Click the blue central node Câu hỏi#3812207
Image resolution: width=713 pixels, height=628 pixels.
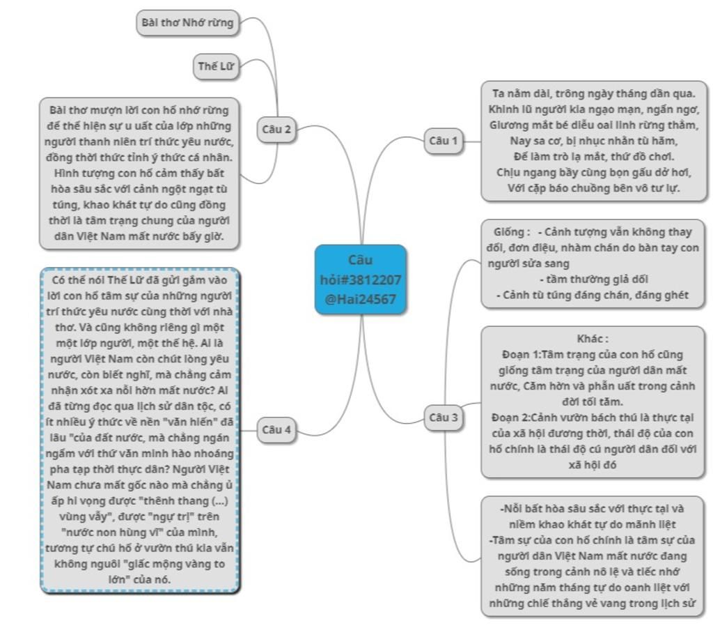[360, 279]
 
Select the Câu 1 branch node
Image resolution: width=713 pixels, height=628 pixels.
[444, 141]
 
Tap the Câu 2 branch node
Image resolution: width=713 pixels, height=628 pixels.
[276, 129]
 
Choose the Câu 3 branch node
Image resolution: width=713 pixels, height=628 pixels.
[444, 418]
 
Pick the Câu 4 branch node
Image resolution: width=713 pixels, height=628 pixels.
[276, 429]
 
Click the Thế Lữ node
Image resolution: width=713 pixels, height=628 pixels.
[214, 66]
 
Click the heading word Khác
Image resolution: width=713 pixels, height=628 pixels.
[593, 339]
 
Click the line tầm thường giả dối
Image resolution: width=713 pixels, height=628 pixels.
[593, 279]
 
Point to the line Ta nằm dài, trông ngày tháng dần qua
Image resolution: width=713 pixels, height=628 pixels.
[594, 93]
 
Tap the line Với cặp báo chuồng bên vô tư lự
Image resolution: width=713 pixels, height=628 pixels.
[594, 188]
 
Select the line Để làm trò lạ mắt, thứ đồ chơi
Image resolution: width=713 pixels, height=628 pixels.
[594, 156]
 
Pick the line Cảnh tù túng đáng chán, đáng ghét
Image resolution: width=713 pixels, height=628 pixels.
[593, 295]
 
